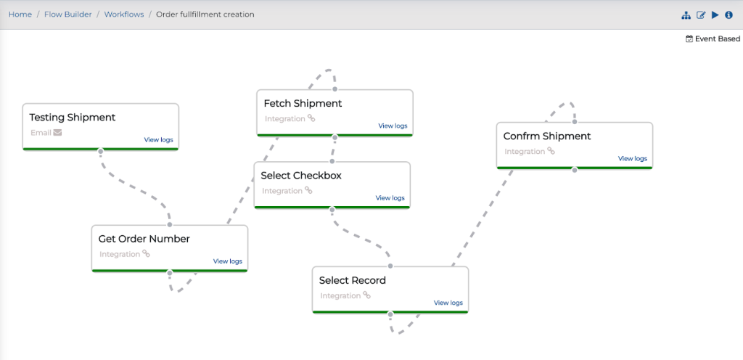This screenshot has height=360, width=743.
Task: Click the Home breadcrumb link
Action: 20,15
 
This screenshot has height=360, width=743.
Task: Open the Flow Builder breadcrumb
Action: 68,15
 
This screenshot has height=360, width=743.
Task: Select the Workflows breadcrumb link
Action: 124,15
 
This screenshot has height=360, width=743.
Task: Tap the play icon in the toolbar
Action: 715,15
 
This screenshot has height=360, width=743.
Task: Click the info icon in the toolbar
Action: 728,15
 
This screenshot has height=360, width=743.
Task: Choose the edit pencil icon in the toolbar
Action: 701,15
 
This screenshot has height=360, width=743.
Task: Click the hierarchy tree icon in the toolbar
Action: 686,15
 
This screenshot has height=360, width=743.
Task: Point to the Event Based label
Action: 718,39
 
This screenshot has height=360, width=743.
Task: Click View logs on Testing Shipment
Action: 158,140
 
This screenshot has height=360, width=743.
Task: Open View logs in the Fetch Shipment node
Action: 393,126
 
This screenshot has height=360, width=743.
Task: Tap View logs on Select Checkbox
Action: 390,198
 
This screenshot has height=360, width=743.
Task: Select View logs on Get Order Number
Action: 227,261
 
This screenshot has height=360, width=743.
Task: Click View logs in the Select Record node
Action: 448,303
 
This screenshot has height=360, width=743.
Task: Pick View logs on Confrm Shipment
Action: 632,159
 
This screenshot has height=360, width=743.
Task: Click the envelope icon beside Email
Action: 57,133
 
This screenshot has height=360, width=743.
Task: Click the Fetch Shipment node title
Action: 303,103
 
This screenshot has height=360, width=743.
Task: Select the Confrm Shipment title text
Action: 547,136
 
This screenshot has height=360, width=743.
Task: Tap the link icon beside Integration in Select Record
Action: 366,295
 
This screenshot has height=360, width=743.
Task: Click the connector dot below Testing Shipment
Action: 100,151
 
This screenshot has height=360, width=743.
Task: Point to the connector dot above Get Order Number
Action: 170,224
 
